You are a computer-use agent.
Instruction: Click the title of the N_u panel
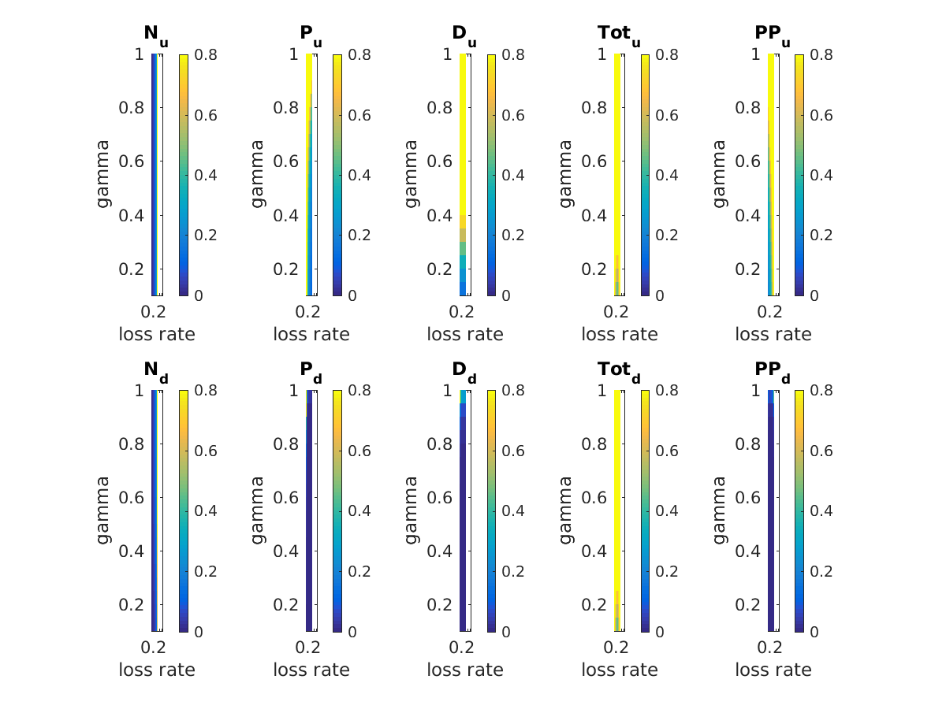[x=155, y=35]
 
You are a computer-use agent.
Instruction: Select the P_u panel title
[x=310, y=35]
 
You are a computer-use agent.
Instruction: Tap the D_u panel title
[x=464, y=35]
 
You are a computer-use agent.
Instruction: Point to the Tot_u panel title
[x=618, y=35]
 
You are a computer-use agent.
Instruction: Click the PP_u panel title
[x=772, y=35]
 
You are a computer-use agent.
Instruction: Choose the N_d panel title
[x=155, y=371]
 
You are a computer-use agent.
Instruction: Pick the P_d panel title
[x=310, y=371]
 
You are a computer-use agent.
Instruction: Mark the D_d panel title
[x=464, y=371]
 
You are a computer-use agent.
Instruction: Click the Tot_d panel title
[x=618, y=371]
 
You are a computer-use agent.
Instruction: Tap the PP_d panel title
[x=772, y=371]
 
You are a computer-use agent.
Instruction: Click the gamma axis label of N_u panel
[x=103, y=174]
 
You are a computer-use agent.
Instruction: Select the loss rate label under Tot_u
[x=620, y=334]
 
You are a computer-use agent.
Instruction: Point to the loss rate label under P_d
[x=311, y=670]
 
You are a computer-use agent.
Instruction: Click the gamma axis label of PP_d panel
[x=719, y=510]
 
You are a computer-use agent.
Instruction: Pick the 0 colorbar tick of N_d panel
[x=197, y=632]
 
